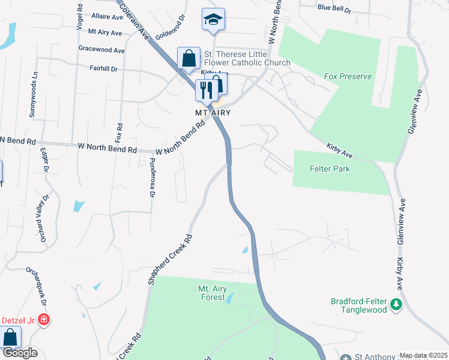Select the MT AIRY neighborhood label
pos(212,112)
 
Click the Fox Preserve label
pos(348,76)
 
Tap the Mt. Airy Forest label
pos(212,293)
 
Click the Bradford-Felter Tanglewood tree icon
pos(396,305)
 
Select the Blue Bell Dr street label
pos(334,8)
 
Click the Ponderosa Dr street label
pos(152,178)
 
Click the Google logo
pos(19,353)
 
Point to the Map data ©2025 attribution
pos(423,355)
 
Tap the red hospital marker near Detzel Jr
pos(43,320)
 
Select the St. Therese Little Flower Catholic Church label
pos(247,58)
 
